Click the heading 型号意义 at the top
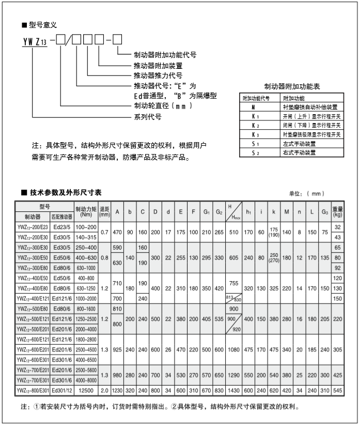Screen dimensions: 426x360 pyautogui.click(x=42, y=24)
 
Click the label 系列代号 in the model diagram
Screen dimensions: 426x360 pyautogui.click(x=148, y=117)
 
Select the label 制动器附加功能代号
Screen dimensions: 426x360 pyautogui.click(x=165, y=54)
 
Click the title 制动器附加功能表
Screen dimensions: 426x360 pyautogui.click(x=292, y=86)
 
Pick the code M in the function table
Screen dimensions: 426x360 pyautogui.click(x=254, y=106)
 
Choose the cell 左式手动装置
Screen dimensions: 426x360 pyautogui.click(x=299, y=144)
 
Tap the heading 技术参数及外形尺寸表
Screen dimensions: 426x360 pyautogui.click(x=68, y=192)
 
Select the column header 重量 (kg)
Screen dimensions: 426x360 pyautogui.click(x=338, y=211)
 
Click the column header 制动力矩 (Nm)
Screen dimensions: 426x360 pyautogui.click(x=87, y=211)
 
